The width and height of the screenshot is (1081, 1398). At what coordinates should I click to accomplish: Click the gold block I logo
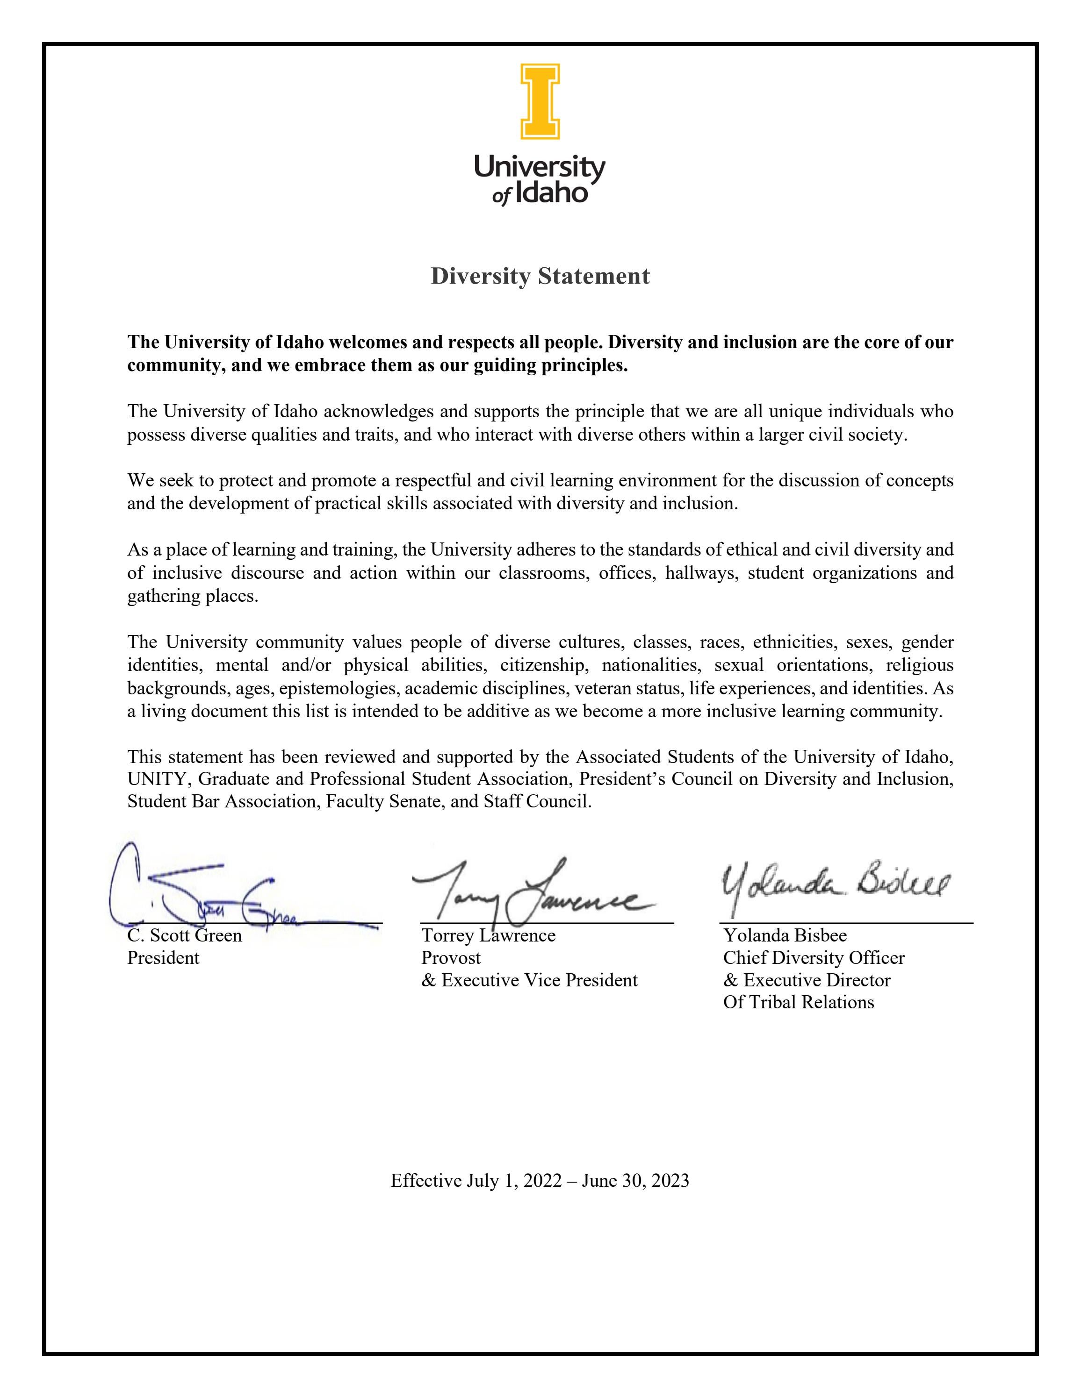pos(540,101)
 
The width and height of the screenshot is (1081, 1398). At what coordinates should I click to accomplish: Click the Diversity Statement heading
pos(540,276)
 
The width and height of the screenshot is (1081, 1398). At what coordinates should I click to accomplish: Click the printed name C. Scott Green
pos(184,935)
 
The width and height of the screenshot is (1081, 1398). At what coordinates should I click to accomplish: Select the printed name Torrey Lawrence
pos(488,935)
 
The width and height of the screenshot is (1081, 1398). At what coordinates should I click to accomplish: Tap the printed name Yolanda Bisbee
pos(785,935)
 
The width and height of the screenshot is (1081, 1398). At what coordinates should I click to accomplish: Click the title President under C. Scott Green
pos(163,957)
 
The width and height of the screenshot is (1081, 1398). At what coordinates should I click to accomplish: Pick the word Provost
pos(451,957)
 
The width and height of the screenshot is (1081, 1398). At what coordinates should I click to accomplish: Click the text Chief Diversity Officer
pos(813,957)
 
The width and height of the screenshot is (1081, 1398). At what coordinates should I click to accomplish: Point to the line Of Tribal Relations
pos(798,1002)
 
